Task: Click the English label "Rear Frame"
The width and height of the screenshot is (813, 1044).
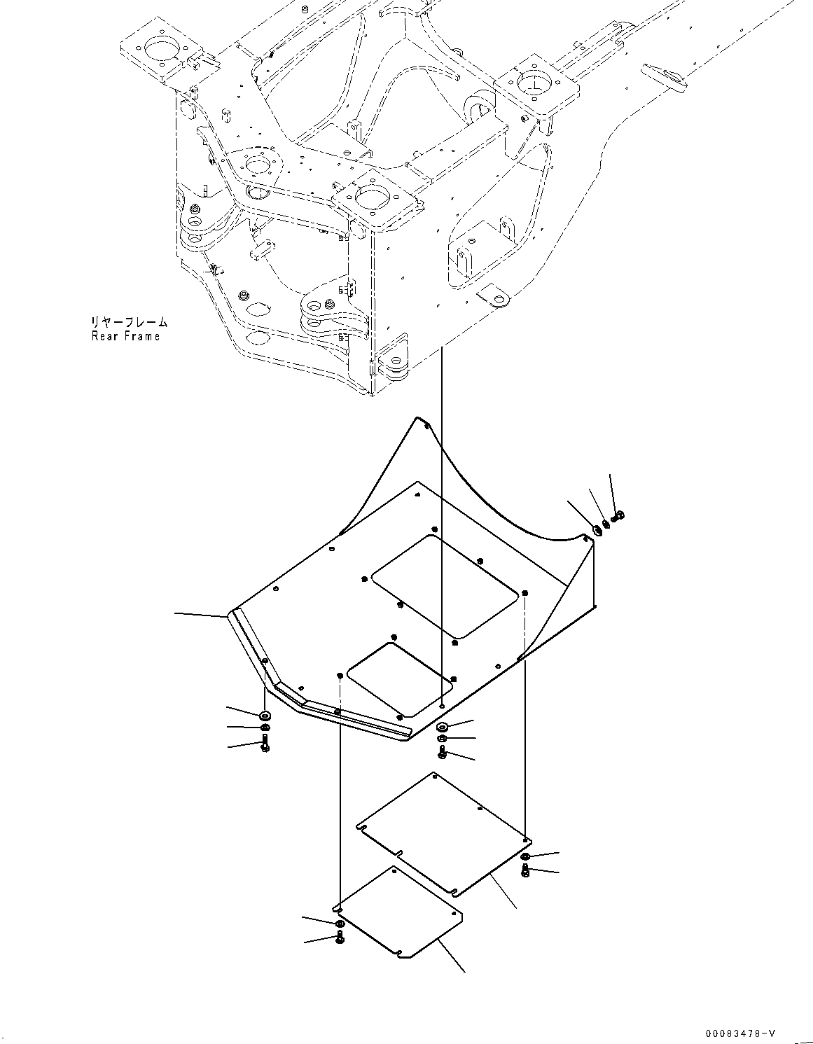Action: pyautogui.click(x=125, y=336)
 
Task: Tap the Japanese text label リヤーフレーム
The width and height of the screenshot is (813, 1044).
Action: pyautogui.click(x=128, y=323)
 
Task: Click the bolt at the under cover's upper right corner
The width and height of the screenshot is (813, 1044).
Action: pyautogui.click(x=618, y=517)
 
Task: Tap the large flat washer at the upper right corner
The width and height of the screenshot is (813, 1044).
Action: pyautogui.click(x=597, y=530)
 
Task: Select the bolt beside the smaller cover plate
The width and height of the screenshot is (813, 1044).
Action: pyautogui.click(x=340, y=937)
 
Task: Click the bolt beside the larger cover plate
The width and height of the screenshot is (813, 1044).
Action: pyautogui.click(x=525, y=870)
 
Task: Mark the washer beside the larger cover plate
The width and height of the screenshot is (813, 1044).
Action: pyautogui.click(x=526, y=856)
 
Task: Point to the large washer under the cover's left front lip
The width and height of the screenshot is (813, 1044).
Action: pyautogui.click(x=265, y=716)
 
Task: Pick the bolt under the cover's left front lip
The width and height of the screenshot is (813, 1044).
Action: pyautogui.click(x=265, y=746)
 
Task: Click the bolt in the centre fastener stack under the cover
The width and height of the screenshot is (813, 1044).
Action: pyautogui.click(x=443, y=752)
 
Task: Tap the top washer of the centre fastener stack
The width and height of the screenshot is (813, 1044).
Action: pyautogui.click(x=443, y=726)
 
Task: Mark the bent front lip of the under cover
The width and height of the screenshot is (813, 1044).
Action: pyautogui.click(x=315, y=700)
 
